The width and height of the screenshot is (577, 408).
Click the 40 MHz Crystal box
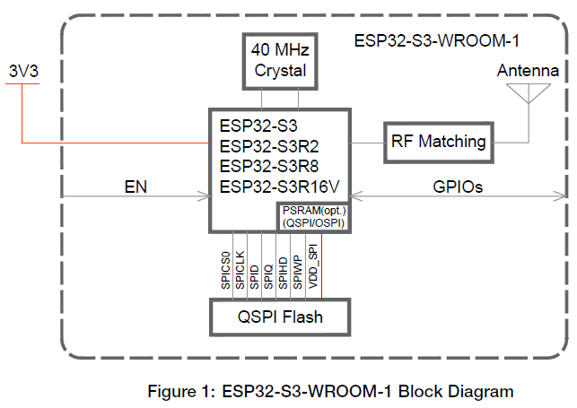[280, 60]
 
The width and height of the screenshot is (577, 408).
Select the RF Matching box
[438, 141]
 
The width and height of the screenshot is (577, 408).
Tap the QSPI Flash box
[279, 317]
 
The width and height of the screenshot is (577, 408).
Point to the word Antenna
[528, 71]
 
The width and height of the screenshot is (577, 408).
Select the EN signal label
[136, 187]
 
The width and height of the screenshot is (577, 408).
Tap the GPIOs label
[458, 187]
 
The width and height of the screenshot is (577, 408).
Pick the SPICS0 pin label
[225, 267]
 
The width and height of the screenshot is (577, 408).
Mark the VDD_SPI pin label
[312, 266]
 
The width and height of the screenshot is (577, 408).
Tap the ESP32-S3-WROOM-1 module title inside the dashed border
[437, 41]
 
